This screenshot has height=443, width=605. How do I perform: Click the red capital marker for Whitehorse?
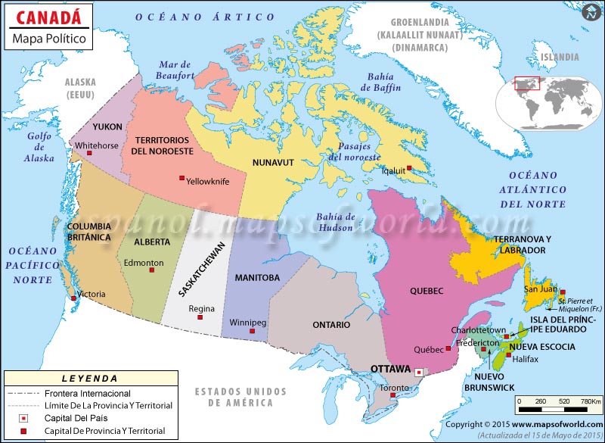tap(90, 154)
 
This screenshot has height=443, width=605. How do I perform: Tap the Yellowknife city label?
tap(208, 182)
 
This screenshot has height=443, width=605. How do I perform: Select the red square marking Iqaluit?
tap(409, 168)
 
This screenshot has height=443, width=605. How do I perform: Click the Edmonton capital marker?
tap(151, 272)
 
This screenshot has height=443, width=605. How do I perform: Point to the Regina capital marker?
tap(200, 318)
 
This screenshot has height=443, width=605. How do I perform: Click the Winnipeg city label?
tap(248, 323)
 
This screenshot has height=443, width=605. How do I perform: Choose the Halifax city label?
tap(526, 359)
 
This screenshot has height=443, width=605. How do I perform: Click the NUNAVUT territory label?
tap(273, 162)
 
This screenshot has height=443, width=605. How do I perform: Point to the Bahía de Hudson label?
tap(336, 222)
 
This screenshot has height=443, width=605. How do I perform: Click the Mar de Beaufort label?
tap(175, 70)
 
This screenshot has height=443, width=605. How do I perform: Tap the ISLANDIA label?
tap(560, 56)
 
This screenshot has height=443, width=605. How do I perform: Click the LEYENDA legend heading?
tap(90, 378)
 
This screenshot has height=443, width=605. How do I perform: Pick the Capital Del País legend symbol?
tap(24, 419)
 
